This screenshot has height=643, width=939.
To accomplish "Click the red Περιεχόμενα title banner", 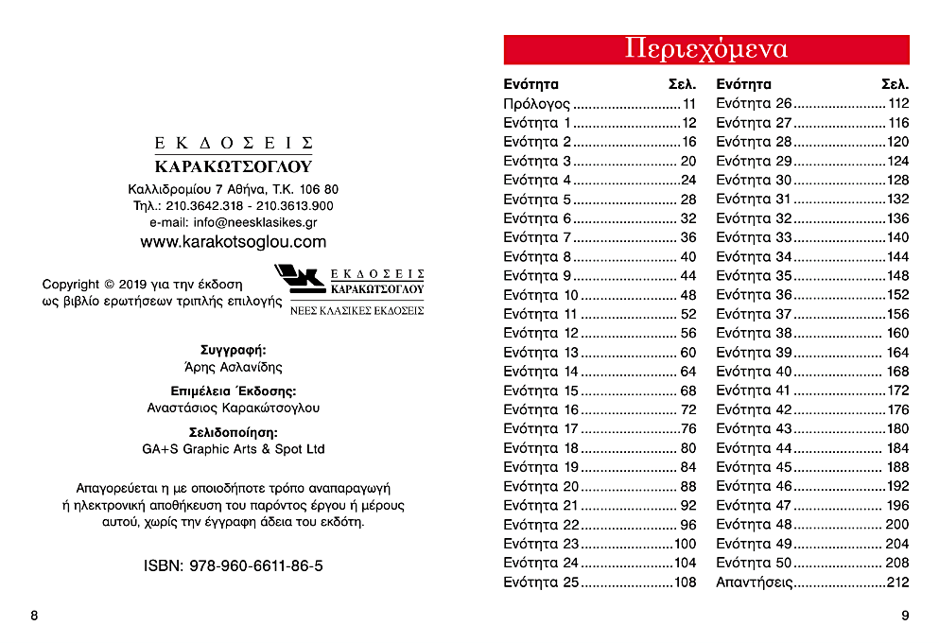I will (705, 49).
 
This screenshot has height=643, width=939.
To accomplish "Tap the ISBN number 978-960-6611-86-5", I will (233, 565).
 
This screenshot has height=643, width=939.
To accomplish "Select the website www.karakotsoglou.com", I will (233, 242).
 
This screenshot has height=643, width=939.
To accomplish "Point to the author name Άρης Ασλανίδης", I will (233, 367).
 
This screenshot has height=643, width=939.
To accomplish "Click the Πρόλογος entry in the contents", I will (536, 104).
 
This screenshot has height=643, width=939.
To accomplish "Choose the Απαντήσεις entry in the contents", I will (754, 582).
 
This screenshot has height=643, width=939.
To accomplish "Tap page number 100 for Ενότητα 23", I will (685, 544).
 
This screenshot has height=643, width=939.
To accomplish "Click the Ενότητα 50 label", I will (754, 563).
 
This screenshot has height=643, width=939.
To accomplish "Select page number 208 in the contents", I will (896, 563).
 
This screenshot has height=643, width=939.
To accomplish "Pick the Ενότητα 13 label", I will (541, 353).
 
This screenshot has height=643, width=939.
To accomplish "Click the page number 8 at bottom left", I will (34, 616).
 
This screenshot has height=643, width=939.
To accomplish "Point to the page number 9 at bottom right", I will (905, 616).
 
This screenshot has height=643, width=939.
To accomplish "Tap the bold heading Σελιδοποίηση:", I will (233, 432).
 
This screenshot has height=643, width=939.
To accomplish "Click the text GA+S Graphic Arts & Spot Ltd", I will (233, 449).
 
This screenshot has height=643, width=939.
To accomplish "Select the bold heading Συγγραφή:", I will (233, 350).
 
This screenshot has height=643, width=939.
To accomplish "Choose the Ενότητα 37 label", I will (754, 314).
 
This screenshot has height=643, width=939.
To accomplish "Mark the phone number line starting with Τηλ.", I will (233, 205).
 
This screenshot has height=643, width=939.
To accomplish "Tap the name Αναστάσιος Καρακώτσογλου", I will (233, 408).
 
